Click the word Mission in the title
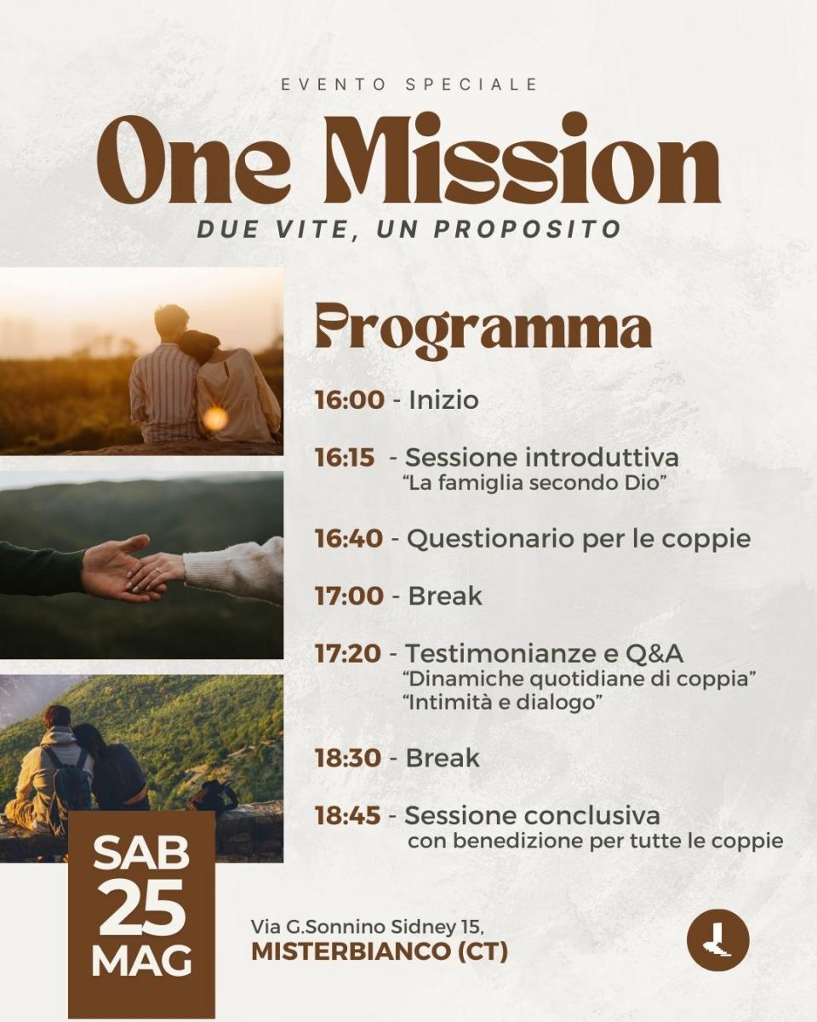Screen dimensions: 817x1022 pyautogui.click(x=533, y=159)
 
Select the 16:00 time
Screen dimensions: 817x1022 pyautogui.click(x=350, y=400)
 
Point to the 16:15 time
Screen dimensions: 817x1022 pyautogui.click(x=345, y=458)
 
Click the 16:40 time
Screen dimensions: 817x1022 pyautogui.click(x=349, y=538)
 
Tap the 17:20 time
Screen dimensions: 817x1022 pyautogui.click(x=348, y=653)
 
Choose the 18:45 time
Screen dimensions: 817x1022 pyautogui.click(x=348, y=815)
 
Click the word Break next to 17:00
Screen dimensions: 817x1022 pyautogui.click(x=445, y=596)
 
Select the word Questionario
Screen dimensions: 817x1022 pyautogui.click(x=490, y=538)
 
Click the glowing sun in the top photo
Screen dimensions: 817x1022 pyautogui.click(x=216, y=417)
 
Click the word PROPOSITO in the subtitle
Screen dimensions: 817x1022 pyautogui.click(x=528, y=229)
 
